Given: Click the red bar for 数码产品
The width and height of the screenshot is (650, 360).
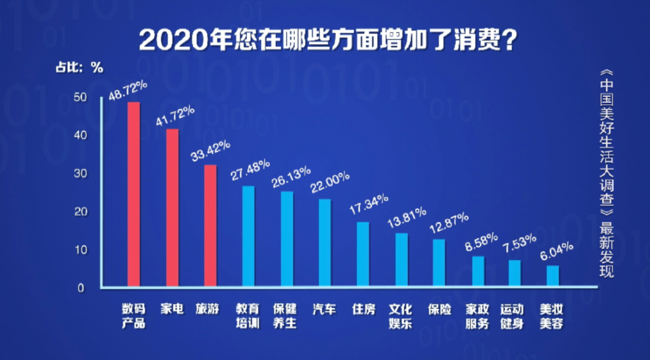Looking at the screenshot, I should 134,194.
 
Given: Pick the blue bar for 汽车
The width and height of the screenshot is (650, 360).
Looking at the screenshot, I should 324,242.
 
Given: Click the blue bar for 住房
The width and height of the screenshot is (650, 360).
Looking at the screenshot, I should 363,254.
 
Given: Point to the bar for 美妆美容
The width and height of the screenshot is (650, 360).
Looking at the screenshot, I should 553,276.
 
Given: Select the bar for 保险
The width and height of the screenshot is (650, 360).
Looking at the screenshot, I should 439,262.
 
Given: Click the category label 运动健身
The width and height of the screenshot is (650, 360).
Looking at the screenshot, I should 512,316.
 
